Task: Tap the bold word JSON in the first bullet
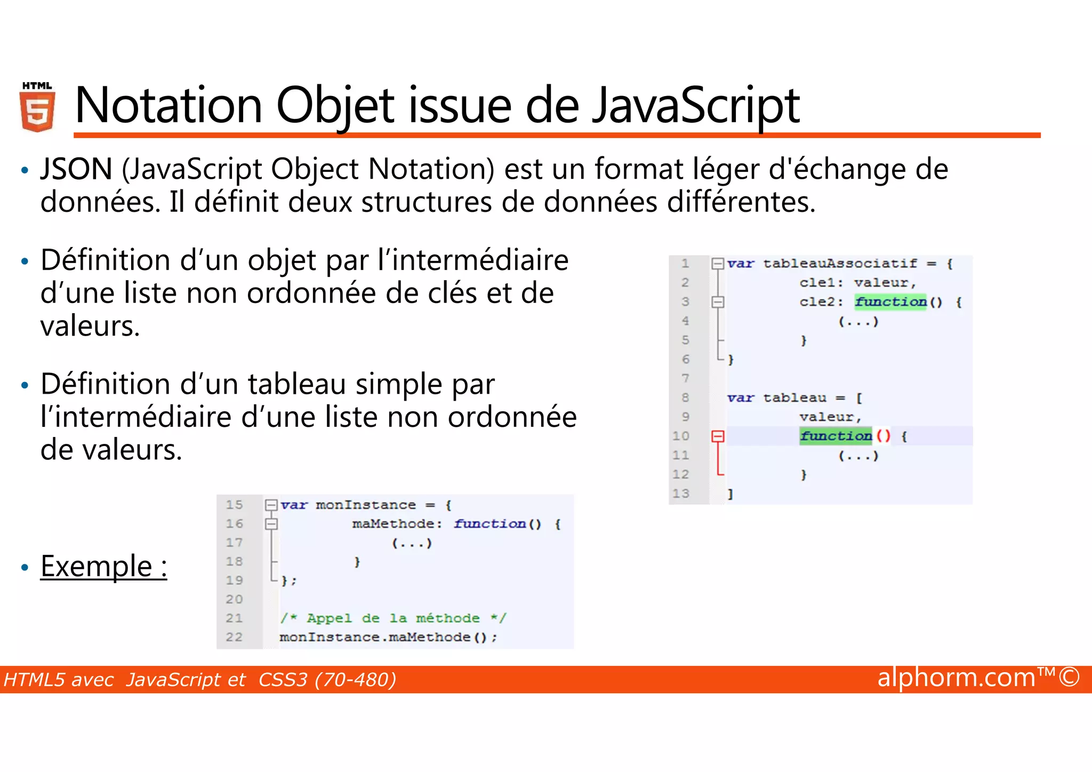[x=76, y=169]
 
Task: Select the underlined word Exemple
[x=97, y=566]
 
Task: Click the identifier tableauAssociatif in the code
[x=840, y=264]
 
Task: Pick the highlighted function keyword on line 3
[x=890, y=302]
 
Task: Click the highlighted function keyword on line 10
[x=836, y=436]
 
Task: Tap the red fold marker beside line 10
[x=718, y=436]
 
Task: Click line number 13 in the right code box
[x=681, y=494]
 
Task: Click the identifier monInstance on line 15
[x=365, y=505]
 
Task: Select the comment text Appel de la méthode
[x=394, y=618]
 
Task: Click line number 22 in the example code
[x=234, y=638]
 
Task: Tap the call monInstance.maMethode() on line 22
[x=388, y=638]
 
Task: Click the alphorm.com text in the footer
[x=956, y=678]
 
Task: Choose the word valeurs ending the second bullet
[x=90, y=326]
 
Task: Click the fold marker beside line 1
[x=718, y=264]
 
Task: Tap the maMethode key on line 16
[x=393, y=524]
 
